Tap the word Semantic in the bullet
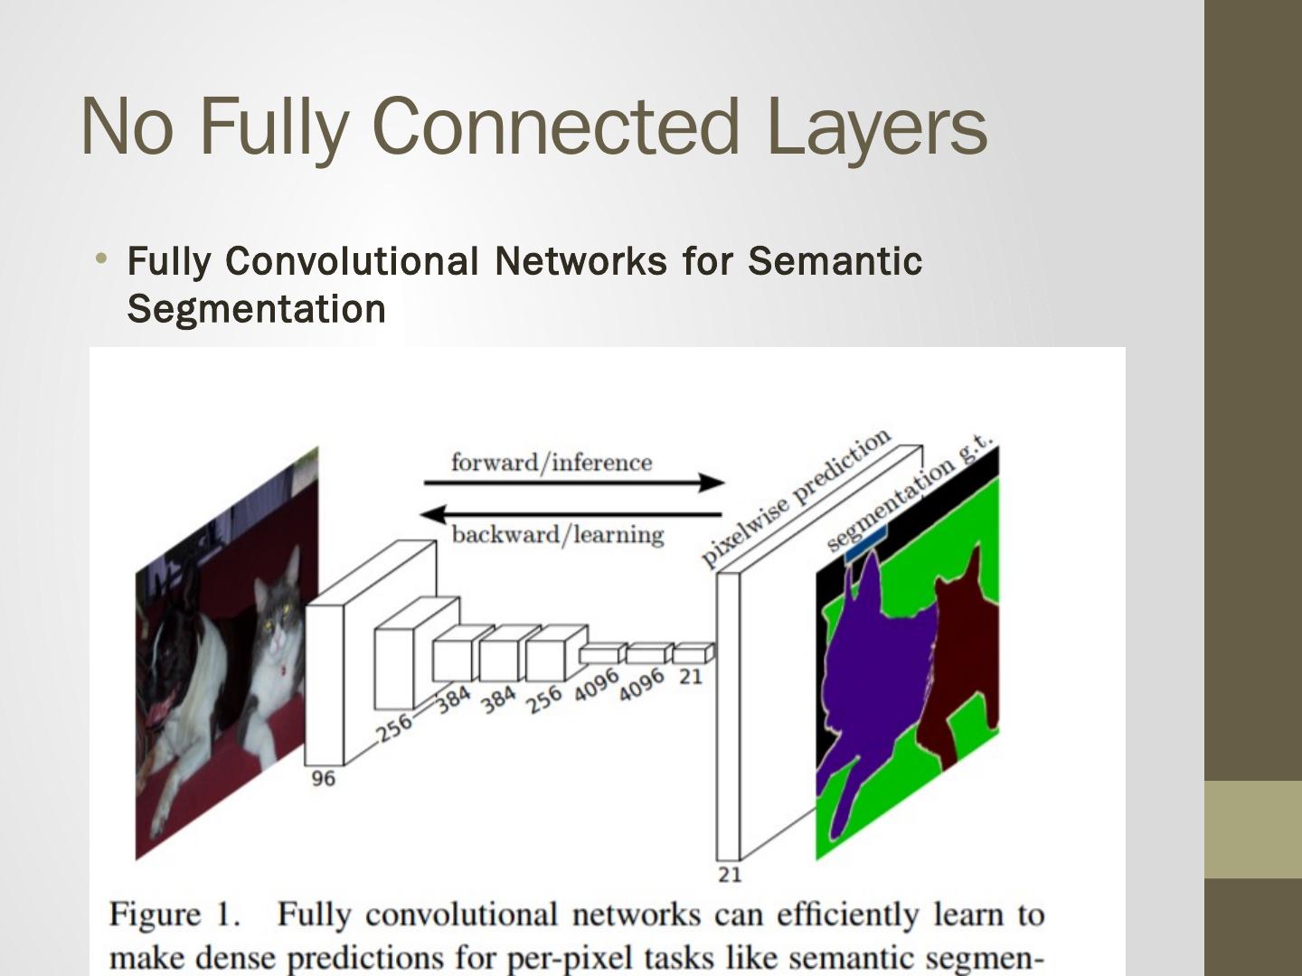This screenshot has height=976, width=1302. click(835, 261)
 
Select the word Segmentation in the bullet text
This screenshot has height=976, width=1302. click(257, 309)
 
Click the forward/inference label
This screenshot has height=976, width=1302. click(551, 463)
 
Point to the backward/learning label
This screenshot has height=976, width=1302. click(557, 534)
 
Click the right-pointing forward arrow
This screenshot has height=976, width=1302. click(573, 483)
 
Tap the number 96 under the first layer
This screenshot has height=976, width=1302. click(323, 778)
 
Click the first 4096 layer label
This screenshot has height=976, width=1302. click(597, 685)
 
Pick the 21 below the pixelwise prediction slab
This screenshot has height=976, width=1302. click(730, 874)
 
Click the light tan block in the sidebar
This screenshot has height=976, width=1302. click(1252, 829)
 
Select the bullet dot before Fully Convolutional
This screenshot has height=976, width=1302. click(102, 260)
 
